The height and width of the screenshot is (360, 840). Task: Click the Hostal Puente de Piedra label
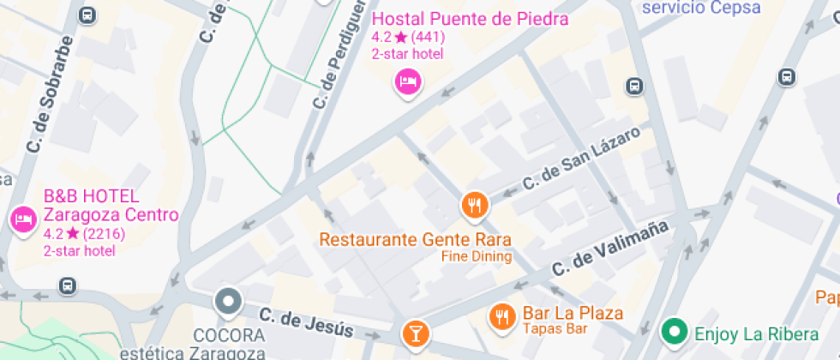[471, 19]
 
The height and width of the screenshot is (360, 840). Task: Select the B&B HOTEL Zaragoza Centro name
[111, 206]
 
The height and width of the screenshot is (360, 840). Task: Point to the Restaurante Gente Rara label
[416, 239]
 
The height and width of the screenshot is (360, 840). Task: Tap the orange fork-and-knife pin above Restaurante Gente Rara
[474, 205]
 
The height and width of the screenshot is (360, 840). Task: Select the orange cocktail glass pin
[415, 333]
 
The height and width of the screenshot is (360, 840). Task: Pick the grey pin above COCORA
[228, 302]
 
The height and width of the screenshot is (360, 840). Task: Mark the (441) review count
[428, 37]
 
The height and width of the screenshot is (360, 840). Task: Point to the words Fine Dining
[477, 256]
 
